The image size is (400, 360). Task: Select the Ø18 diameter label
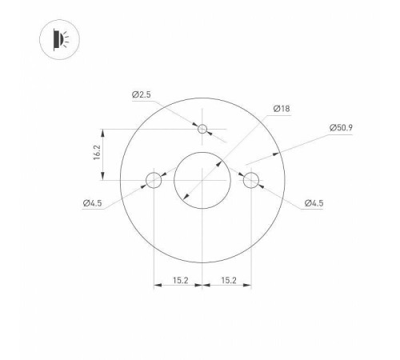pos(281,108)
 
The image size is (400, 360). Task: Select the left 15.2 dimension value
pos(181,280)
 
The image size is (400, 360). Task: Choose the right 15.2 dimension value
pos(228,280)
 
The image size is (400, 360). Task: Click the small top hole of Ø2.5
pos(203,129)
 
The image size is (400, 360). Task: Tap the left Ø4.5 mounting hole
pos(154,179)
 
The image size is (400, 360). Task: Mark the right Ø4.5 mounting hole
pos(252,179)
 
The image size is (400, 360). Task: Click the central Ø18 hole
pos(203,179)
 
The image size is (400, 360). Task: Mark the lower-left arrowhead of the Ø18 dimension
pos(186,197)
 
